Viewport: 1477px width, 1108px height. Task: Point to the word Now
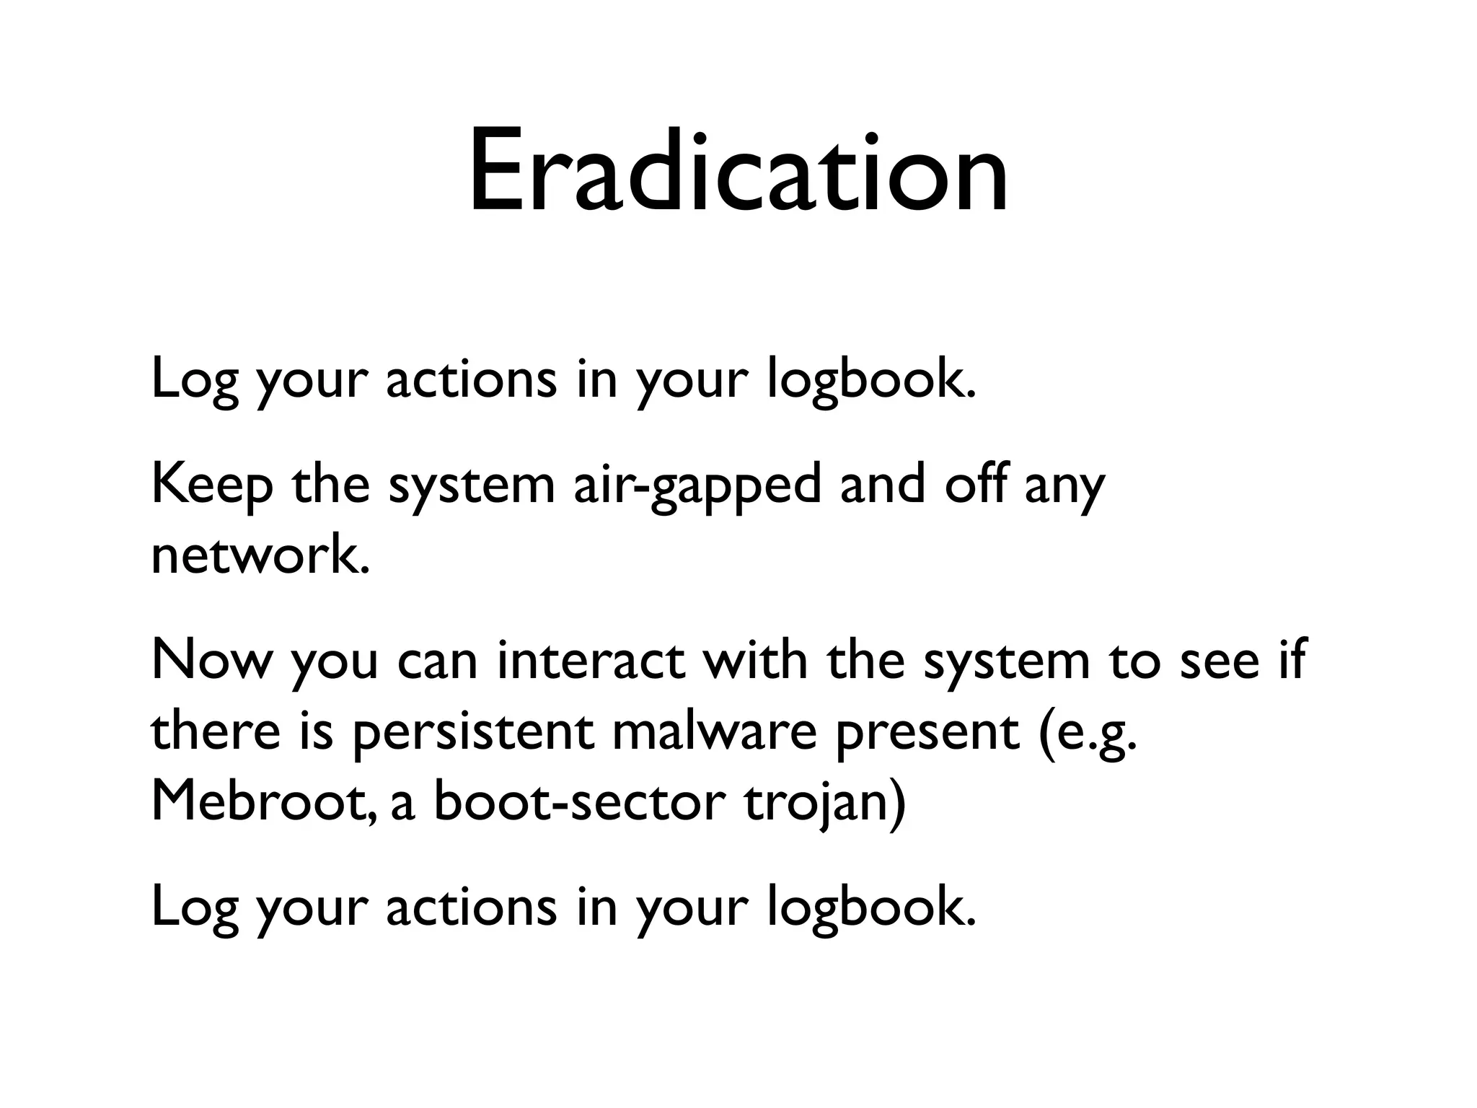pyautogui.click(x=208, y=661)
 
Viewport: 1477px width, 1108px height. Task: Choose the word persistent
pyautogui.click(x=473, y=733)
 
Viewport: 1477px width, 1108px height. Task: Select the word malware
pyautogui.click(x=715, y=731)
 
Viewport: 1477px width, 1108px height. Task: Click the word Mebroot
pyautogui.click(x=263, y=801)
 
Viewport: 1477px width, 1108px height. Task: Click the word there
pyautogui.click(x=216, y=731)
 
